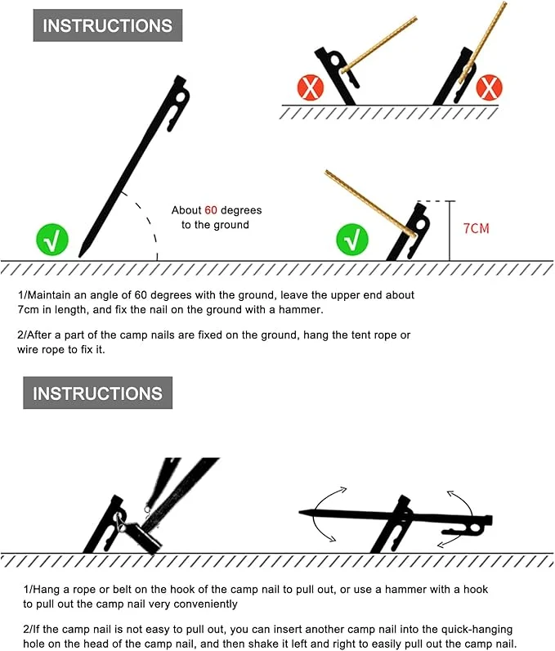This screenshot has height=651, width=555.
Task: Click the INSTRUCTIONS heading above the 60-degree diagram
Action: (107, 25)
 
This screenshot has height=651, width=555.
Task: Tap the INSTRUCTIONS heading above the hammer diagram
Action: (97, 393)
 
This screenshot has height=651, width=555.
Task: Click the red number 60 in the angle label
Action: (211, 210)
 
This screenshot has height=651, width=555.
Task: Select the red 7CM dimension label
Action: (477, 228)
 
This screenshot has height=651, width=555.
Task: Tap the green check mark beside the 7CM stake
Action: (351, 240)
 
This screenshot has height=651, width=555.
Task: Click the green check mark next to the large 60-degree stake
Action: (52, 240)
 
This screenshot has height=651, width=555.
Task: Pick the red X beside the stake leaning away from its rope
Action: (311, 88)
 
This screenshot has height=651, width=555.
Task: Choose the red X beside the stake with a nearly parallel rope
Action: (489, 88)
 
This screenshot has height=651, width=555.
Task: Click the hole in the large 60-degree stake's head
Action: (181, 98)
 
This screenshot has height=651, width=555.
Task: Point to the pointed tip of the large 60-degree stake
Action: (79, 256)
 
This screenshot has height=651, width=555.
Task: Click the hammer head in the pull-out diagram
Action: (144, 537)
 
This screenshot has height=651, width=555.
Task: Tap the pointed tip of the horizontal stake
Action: (300, 512)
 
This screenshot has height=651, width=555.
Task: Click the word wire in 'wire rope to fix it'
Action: (26, 349)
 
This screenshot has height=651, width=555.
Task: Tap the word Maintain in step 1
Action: (48, 295)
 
